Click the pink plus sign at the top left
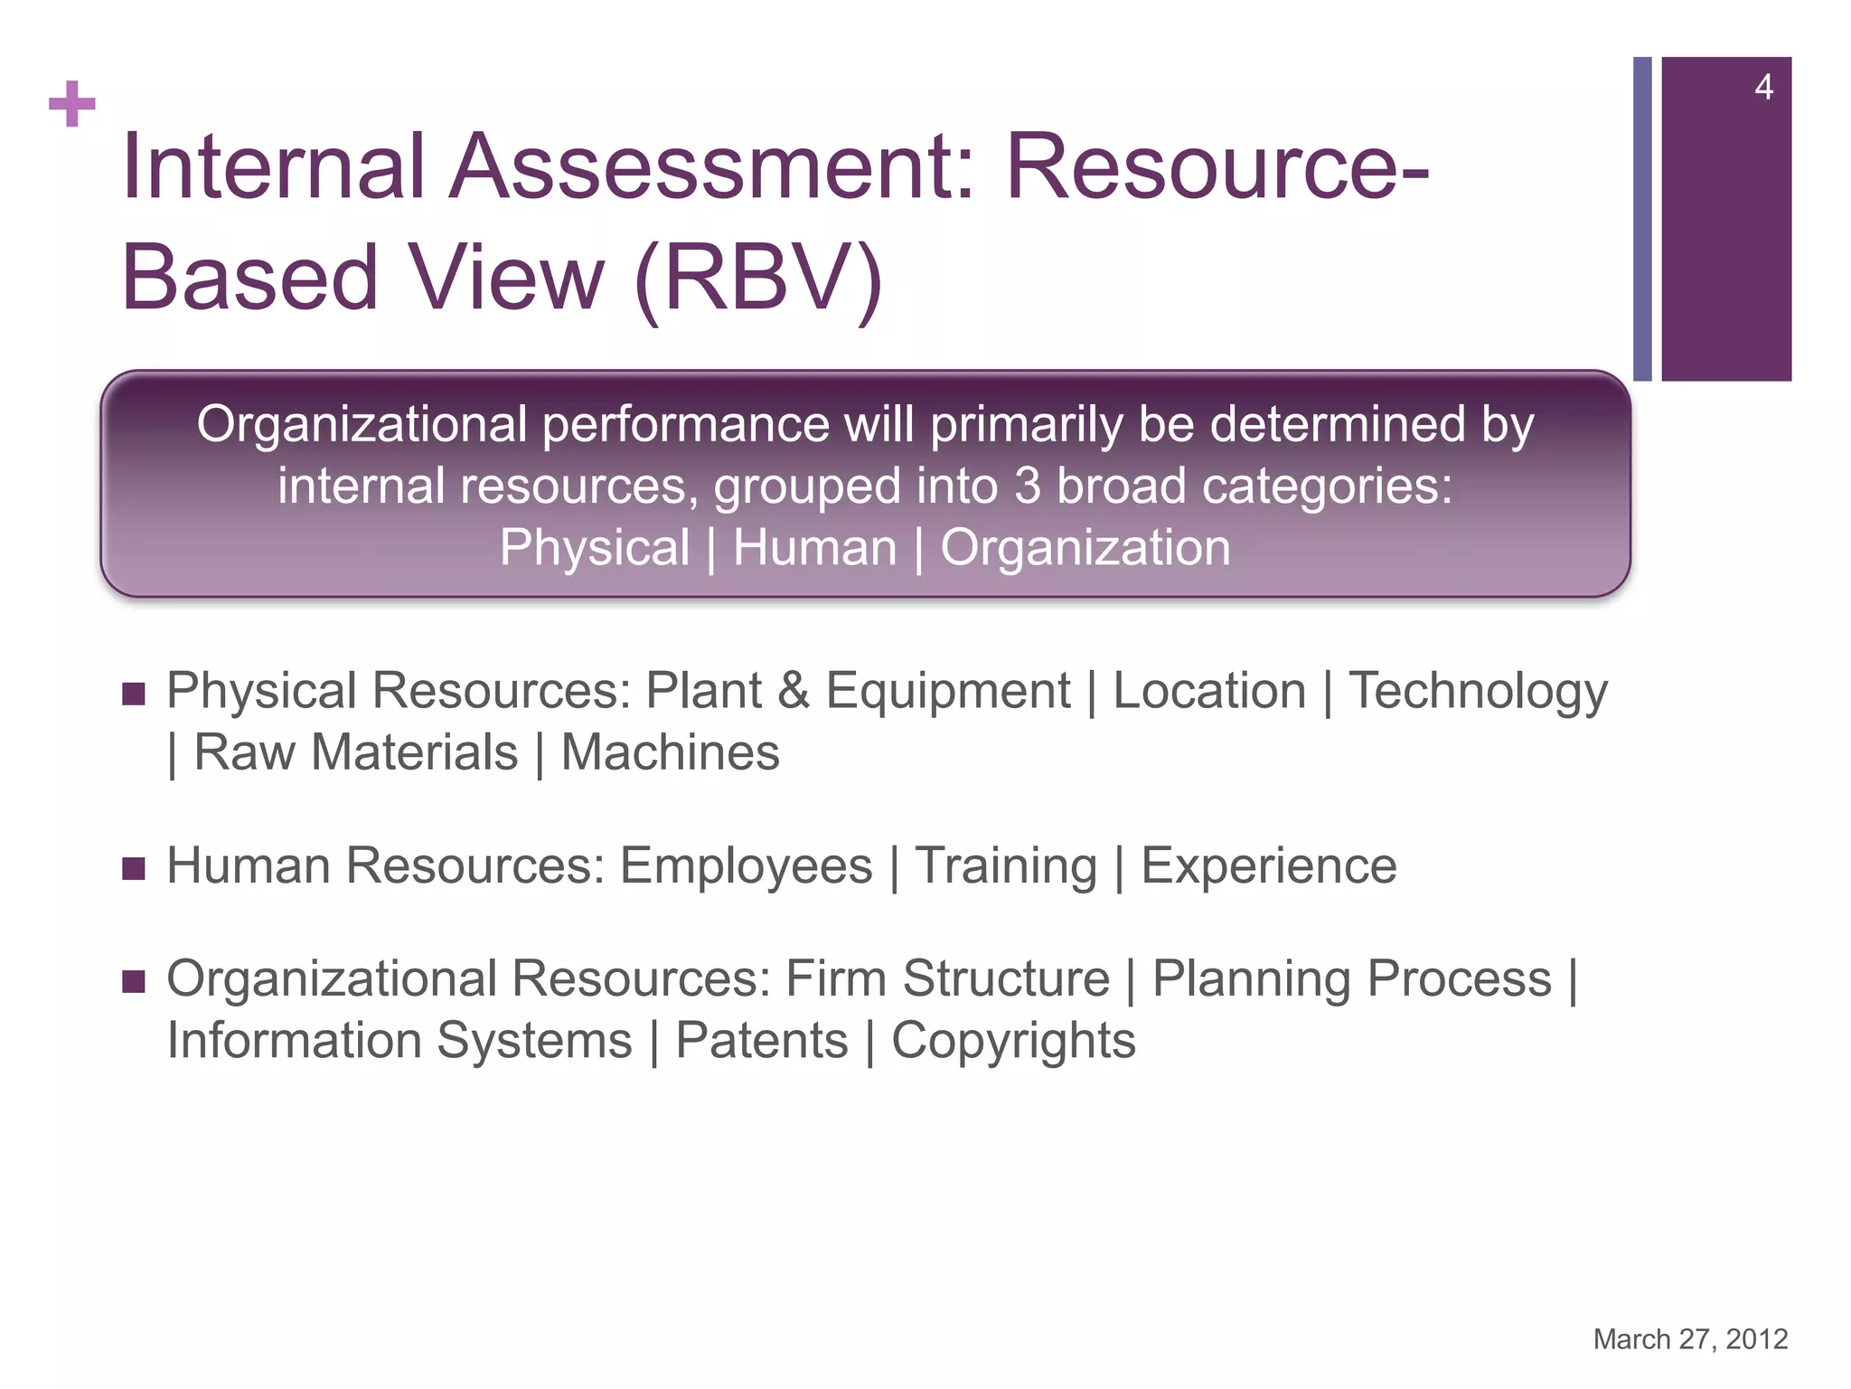72,104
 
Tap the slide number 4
1763,88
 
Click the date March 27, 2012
1690,1339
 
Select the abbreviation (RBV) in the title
758,278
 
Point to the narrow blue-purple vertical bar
1642,219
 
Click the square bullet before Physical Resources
134,694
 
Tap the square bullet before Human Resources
134,869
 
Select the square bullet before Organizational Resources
134,982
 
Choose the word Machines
670,753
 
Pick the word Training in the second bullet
1006,866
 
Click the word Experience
1268,866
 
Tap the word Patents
762,1041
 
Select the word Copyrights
1013,1041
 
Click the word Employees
746,866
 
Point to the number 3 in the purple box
1028,487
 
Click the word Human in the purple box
814,548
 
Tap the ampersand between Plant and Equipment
794,692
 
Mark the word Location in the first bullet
1209,692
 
